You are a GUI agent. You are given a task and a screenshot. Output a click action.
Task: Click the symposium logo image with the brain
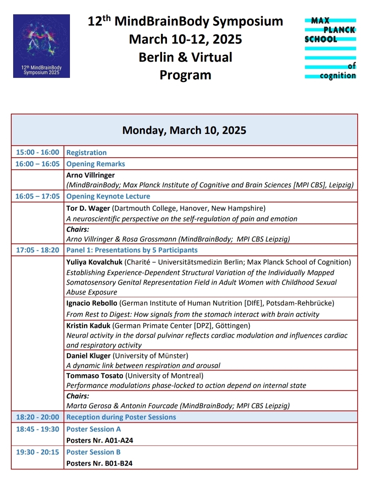coord(41,46)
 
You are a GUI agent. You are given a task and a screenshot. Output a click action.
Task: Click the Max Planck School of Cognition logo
coord(330,48)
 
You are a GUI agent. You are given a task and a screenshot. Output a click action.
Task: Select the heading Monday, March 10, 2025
coord(184,130)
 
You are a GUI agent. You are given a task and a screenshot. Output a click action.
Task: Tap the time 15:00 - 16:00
coord(38,152)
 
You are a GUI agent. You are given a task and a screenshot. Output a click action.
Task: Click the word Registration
coord(86,152)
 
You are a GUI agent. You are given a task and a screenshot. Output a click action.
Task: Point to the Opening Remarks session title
coord(96,164)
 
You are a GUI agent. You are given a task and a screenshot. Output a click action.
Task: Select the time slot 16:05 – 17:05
coord(38,196)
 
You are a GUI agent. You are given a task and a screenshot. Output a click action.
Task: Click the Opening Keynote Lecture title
coord(108,196)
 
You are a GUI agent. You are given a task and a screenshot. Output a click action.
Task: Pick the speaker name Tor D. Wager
coord(88,208)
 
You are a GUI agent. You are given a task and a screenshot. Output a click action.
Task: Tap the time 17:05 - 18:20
coord(38,250)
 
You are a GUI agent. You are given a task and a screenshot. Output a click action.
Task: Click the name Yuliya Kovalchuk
coord(94,262)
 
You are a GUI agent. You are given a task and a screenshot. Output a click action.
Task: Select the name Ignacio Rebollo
coord(92,303)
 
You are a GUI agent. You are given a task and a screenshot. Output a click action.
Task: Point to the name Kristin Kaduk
coord(88,325)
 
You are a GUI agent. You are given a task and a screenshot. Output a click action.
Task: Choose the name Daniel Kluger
coord(89,355)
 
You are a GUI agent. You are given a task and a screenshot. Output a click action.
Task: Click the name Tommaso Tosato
coord(95,375)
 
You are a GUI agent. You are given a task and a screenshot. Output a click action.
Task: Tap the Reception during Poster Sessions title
coord(121,417)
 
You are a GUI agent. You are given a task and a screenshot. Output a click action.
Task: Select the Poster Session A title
coord(94,429)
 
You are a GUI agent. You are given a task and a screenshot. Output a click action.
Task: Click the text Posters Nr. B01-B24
coord(99,463)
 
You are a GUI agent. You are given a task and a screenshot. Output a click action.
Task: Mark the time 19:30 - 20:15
coord(38,452)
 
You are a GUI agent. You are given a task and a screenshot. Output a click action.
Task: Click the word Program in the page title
coord(185,75)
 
